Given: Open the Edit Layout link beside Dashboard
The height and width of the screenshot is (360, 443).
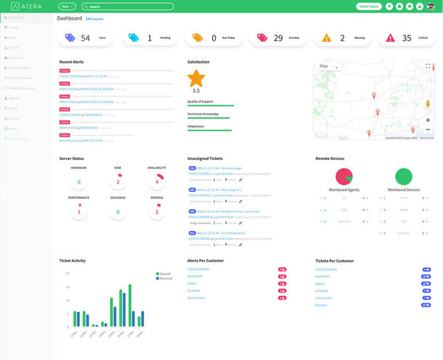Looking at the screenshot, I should [x=95, y=18].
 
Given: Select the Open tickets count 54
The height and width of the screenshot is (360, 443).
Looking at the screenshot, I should [x=85, y=38].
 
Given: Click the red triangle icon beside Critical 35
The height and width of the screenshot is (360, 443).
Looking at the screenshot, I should [x=388, y=38].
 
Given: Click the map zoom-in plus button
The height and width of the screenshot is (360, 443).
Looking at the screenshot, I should [x=428, y=120].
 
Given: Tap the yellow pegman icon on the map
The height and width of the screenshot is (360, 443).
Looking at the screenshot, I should [x=428, y=104].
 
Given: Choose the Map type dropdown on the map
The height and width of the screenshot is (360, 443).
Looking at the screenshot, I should [x=326, y=66].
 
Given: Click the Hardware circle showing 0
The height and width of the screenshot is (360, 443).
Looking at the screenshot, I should [x=79, y=181].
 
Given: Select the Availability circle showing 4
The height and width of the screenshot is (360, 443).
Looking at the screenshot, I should [x=157, y=181].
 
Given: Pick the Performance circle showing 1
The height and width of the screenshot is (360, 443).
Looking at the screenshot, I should [x=79, y=212].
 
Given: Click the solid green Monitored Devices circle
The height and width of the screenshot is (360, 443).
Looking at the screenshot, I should [x=403, y=177].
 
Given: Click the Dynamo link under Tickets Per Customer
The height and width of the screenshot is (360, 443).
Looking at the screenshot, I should [x=320, y=304].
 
